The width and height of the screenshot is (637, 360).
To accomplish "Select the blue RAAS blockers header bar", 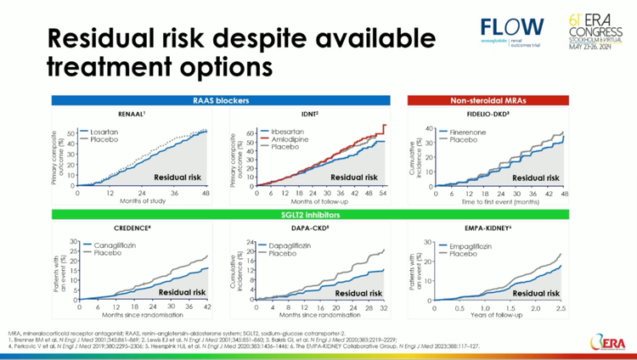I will tap(221, 100).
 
